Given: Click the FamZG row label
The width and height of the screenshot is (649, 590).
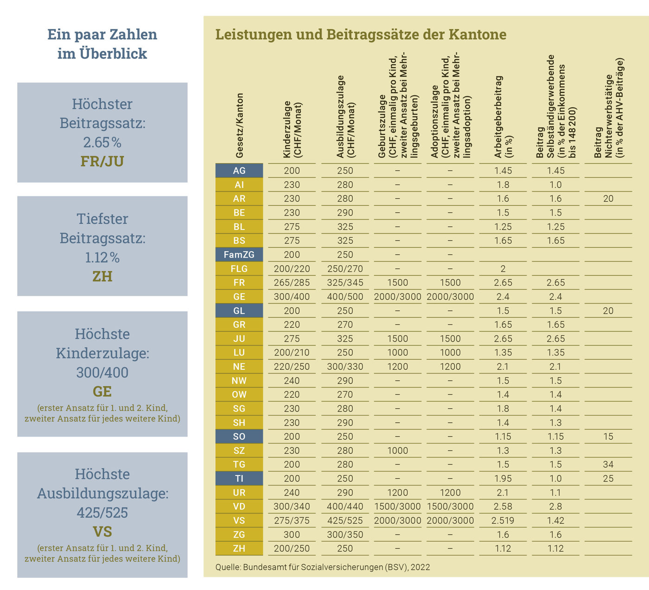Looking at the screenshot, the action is [x=239, y=254].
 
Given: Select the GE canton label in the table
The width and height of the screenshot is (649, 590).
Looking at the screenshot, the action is [x=239, y=297].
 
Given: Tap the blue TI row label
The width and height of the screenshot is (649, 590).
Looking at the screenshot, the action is [x=239, y=478].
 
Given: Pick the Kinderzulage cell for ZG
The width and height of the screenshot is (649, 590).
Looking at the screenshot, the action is [x=292, y=535].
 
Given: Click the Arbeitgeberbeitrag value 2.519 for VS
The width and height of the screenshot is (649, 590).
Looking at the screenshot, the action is [x=503, y=520].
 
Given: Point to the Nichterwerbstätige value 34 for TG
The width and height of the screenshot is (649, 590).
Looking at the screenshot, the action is [x=608, y=464].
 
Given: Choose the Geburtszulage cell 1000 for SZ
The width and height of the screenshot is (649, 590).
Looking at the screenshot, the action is [x=398, y=450].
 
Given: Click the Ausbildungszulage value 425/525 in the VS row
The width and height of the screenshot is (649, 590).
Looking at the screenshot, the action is [x=345, y=520].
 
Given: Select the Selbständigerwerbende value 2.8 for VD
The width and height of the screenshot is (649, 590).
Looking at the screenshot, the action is [x=555, y=507].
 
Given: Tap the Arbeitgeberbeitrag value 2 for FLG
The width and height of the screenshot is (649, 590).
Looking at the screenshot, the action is [x=503, y=269].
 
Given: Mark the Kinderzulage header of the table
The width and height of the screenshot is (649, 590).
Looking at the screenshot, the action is [x=292, y=129].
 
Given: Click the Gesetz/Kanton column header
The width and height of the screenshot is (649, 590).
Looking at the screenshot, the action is [x=239, y=126].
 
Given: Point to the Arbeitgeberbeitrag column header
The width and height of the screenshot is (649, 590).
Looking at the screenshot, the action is [x=503, y=117].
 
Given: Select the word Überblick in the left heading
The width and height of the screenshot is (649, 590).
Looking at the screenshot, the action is [x=113, y=54].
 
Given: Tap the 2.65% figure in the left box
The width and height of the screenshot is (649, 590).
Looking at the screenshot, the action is [x=102, y=142].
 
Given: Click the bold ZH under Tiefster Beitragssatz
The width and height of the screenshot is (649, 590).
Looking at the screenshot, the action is [x=102, y=277].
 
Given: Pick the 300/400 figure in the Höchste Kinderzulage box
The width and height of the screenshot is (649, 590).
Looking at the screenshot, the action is [x=102, y=372].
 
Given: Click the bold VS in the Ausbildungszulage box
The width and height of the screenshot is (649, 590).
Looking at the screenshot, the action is [x=102, y=532].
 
